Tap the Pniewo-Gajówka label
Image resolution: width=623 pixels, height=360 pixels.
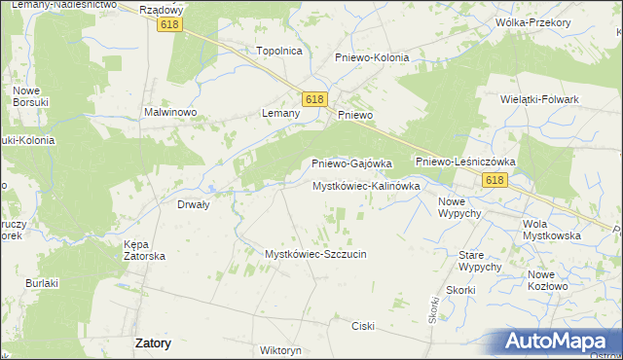point(350,163)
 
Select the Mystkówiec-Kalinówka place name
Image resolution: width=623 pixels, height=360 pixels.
point(365,185)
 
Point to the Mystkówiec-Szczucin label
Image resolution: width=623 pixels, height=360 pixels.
point(315,254)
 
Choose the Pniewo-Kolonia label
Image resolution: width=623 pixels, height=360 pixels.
point(372,57)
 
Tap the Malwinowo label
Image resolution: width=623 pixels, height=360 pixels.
point(171,113)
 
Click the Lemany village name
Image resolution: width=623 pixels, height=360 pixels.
point(280,113)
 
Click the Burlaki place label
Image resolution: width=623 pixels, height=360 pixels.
point(43,283)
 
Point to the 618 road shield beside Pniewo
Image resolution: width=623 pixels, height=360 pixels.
point(313,99)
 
